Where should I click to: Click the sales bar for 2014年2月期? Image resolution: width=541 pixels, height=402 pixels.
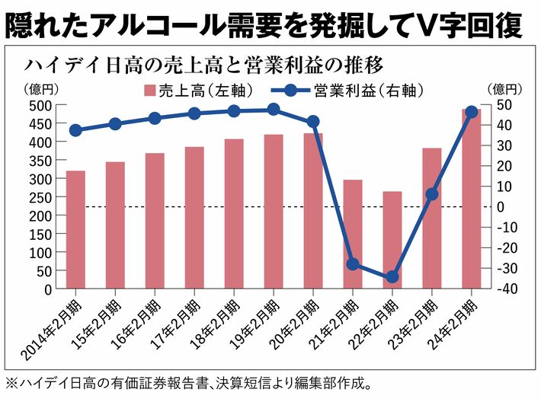75,230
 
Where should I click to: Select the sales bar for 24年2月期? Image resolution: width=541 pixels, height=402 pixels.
471,199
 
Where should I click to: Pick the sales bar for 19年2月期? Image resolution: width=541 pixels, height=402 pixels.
273,212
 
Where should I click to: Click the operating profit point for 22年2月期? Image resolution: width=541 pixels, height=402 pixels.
392,277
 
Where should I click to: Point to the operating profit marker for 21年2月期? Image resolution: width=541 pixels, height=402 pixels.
352,264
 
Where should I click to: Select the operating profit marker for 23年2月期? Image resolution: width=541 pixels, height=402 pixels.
431,194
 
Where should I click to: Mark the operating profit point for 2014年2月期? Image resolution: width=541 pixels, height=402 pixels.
75,130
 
